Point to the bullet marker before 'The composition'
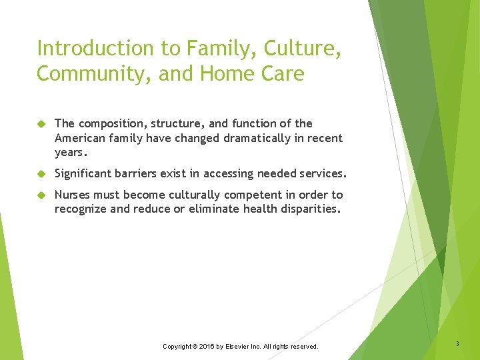point(41,124)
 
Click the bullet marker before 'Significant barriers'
point(41,174)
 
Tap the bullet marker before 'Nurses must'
point(41,195)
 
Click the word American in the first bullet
point(79,139)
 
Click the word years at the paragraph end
point(70,153)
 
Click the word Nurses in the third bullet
point(73,195)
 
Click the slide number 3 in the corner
point(457,344)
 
